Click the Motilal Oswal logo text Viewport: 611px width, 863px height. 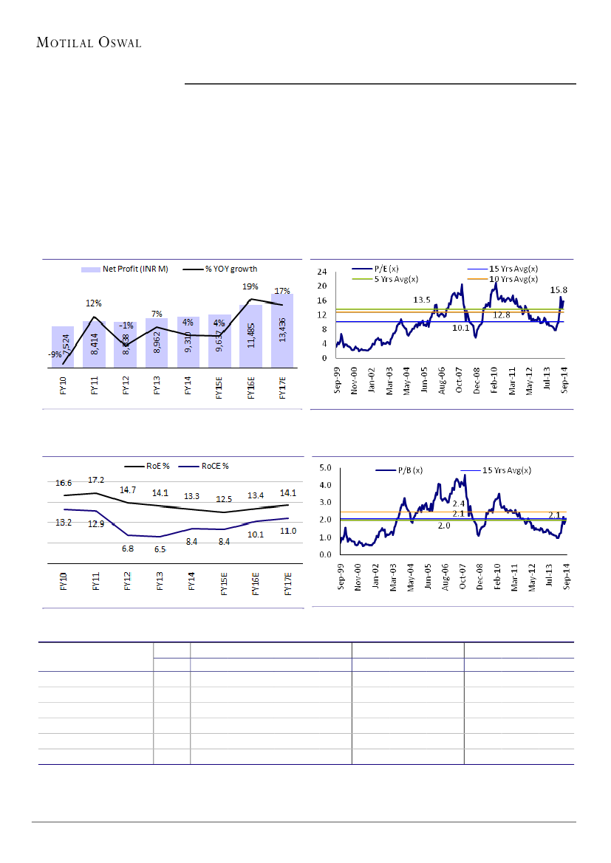89,42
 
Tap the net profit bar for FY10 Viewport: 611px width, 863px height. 62,346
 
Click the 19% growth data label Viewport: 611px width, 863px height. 250,286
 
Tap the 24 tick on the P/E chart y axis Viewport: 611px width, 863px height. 321,271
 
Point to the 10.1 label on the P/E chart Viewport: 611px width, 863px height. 462,329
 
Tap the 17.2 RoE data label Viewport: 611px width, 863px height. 96,480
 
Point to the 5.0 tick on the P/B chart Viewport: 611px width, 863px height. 324,467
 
